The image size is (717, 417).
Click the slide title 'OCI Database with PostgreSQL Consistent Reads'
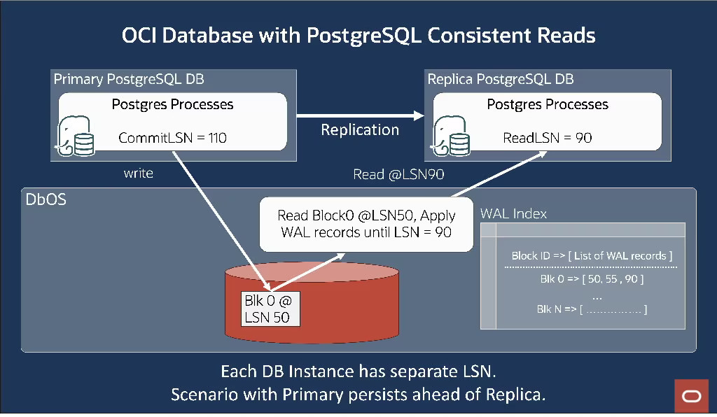pos(358,36)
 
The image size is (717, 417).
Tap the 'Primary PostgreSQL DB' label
pos(129,79)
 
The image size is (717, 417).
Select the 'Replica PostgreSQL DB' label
pos(500,79)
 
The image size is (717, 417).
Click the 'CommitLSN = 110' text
pos(172,138)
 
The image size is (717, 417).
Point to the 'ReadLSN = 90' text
pos(547,138)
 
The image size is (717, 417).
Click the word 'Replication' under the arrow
pos(360,130)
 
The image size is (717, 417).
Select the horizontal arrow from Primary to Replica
pos(360,115)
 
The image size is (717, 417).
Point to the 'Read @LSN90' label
pos(400,175)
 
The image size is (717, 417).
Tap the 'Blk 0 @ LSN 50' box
pos(270,309)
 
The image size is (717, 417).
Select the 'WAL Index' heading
pos(513,213)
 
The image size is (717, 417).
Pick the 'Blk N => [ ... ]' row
pos(592,309)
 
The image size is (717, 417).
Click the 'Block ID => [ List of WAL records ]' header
pos(592,256)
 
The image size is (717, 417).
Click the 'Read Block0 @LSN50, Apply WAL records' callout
pos(366,223)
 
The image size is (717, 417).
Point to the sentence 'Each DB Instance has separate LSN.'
pos(358,371)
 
